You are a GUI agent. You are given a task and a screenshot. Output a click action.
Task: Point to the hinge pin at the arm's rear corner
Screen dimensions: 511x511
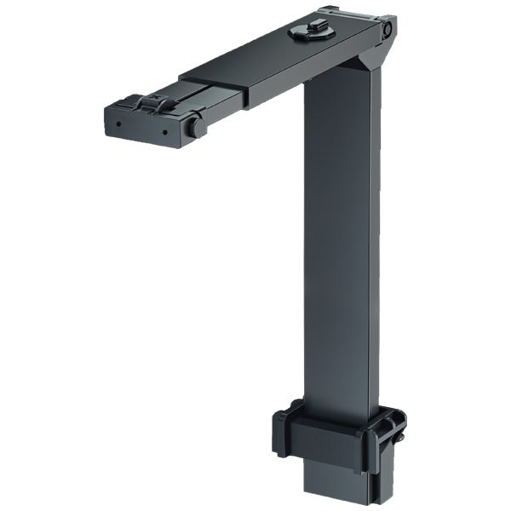point(387,30)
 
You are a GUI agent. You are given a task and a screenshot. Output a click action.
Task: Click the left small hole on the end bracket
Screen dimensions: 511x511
point(118,123)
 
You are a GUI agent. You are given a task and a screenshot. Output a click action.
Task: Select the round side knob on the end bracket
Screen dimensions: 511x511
point(196,127)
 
